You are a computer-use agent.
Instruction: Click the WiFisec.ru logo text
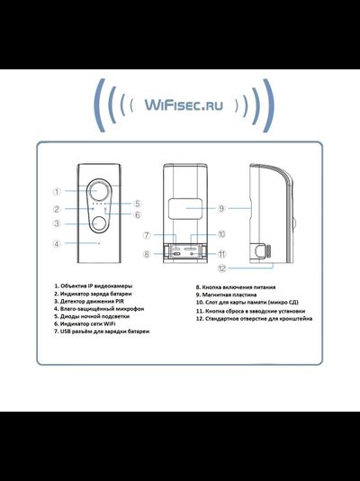point(180,105)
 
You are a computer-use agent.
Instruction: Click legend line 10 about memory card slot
point(244,303)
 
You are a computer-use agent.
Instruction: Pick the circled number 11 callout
point(221,255)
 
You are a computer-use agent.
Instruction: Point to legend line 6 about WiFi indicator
point(88,325)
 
